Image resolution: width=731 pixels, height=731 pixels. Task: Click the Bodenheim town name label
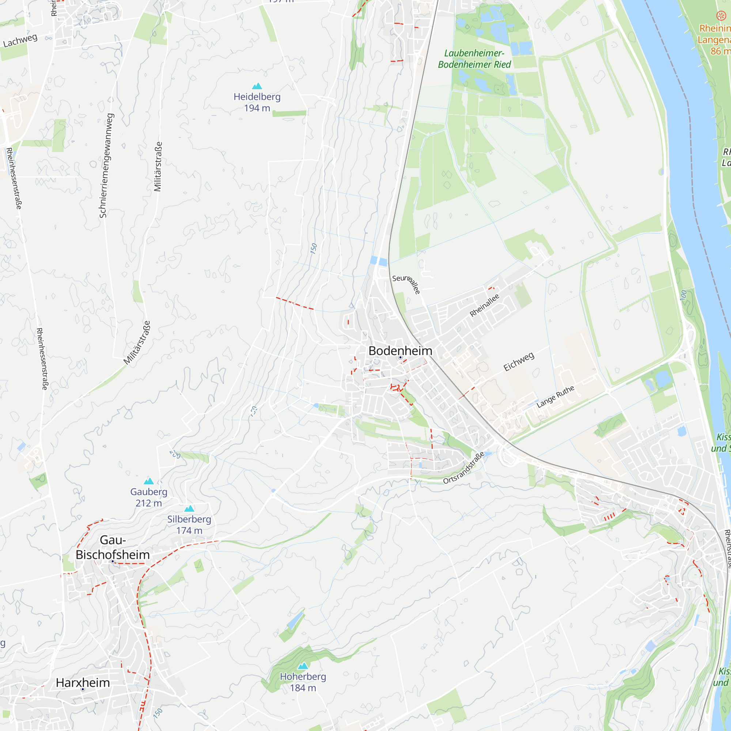pyautogui.click(x=400, y=351)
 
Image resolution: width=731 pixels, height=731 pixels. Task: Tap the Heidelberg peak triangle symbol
pyautogui.click(x=257, y=86)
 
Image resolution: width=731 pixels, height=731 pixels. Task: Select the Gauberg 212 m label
pyautogui.click(x=149, y=497)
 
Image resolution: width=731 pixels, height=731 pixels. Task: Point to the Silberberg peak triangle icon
pyautogui.click(x=189, y=508)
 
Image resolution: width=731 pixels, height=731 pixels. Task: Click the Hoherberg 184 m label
pyautogui.click(x=303, y=682)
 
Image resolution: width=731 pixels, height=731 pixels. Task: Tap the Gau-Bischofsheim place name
pyautogui.click(x=113, y=547)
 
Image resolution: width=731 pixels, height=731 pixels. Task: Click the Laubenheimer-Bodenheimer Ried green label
pyautogui.click(x=474, y=58)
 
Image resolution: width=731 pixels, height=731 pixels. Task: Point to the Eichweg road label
pyautogui.click(x=519, y=361)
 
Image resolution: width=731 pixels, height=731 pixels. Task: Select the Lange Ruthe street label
pyautogui.click(x=555, y=397)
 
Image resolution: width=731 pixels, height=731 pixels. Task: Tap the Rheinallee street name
pyautogui.click(x=484, y=305)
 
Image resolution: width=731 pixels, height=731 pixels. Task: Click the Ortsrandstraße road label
pyautogui.click(x=463, y=468)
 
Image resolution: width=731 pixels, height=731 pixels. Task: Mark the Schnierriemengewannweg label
pyautogui.click(x=106, y=165)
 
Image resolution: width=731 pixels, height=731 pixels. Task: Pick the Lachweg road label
pyautogui.click(x=20, y=41)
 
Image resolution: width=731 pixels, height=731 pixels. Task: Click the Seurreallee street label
pyautogui.click(x=406, y=284)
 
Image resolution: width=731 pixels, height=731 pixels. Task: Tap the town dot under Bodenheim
pyautogui.click(x=400, y=357)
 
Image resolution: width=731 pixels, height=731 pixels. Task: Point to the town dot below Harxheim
pyautogui.click(x=83, y=689)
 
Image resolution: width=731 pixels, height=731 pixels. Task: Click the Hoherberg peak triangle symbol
pyautogui.click(x=303, y=666)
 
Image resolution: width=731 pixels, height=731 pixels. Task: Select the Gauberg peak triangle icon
pyautogui.click(x=149, y=481)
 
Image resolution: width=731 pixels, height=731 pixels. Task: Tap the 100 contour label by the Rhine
pyautogui.click(x=683, y=295)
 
